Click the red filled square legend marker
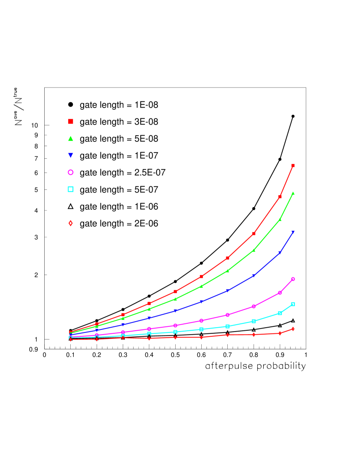click(71, 121)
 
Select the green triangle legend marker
click(71, 139)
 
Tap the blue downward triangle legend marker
click(71, 155)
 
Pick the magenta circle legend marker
click(71, 172)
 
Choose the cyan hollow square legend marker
click(71, 189)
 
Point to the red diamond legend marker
click(71, 223)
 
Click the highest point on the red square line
click(293, 166)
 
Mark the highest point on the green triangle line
click(293, 193)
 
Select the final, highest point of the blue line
click(293, 232)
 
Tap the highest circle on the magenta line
click(293, 279)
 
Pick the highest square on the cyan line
click(293, 304)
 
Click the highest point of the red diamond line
click(293, 329)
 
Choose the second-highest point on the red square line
click(280, 197)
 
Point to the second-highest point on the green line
click(280, 219)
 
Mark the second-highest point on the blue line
click(280, 253)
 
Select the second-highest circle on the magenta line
click(280, 293)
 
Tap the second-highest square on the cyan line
click(280, 313)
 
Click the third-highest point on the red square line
click(254, 234)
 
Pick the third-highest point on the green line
click(254, 250)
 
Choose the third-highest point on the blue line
click(254, 275)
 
